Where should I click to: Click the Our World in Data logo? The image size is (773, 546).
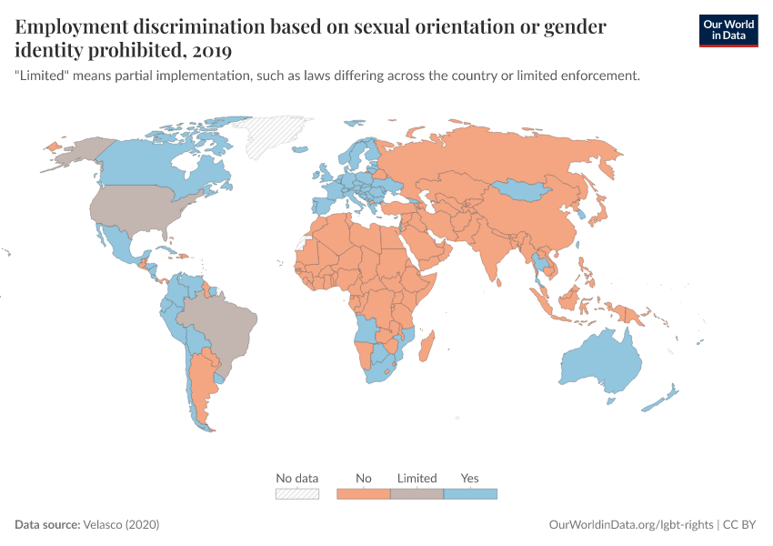[x=728, y=29]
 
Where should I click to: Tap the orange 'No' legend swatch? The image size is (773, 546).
[x=364, y=494]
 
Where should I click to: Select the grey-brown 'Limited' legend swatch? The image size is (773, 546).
[x=417, y=494]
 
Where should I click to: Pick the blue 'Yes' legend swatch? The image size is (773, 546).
[x=470, y=494]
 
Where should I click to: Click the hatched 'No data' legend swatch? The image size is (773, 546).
[x=297, y=494]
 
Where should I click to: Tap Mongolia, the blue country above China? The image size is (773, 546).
[x=526, y=190]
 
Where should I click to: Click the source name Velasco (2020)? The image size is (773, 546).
[x=122, y=525]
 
